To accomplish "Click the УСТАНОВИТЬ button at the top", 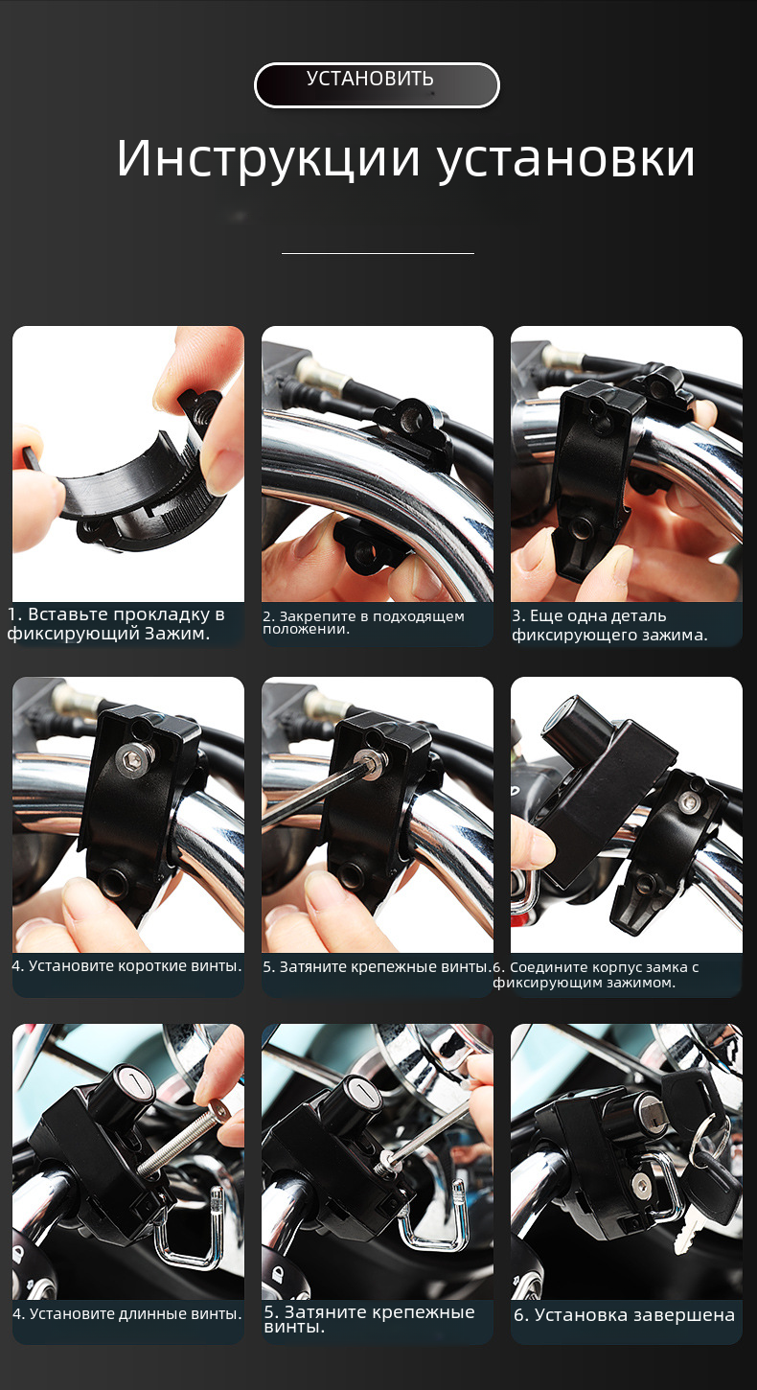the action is [377, 85].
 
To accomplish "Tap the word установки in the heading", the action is [565, 160].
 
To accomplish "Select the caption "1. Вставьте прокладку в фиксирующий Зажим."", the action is [116, 624].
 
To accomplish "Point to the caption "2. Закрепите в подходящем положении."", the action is [363, 622].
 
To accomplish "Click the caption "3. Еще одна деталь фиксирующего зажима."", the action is [609, 625].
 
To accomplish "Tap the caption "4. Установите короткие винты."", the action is [126, 965].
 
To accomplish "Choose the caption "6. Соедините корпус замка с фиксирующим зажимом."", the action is [596, 975].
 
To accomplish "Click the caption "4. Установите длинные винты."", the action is [127, 1313].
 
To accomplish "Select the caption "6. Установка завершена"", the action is [624, 1314].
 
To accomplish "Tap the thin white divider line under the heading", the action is [378, 253].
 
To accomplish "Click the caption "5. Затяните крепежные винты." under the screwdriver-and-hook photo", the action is [369, 1319].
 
